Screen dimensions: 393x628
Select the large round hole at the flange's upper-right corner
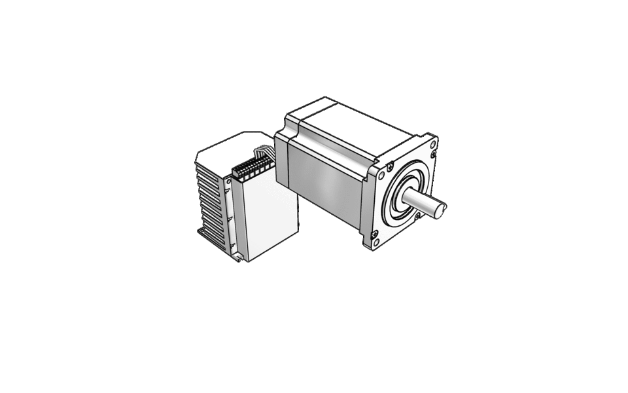coord(434,143)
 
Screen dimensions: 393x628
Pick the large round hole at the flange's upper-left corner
coord(381,176)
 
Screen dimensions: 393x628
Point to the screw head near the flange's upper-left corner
coord(391,166)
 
